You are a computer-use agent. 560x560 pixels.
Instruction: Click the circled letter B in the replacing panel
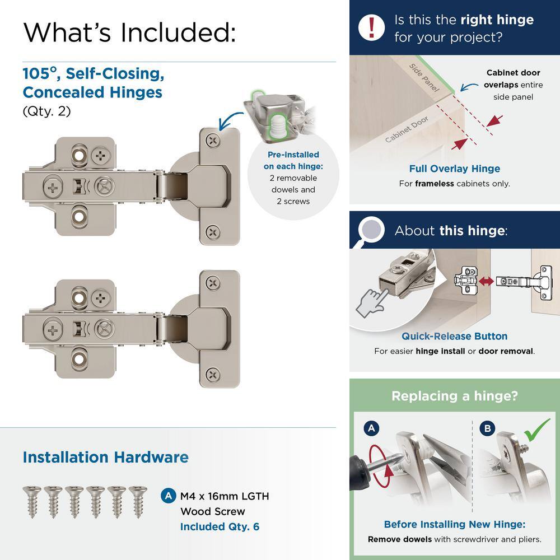(x=487, y=429)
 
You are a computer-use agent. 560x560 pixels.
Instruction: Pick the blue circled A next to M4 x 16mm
(x=167, y=496)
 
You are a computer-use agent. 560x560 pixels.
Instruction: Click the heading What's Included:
(x=129, y=32)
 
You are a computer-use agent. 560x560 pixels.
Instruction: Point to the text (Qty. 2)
(x=46, y=111)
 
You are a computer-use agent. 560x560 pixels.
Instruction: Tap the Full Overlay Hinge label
(x=454, y=169)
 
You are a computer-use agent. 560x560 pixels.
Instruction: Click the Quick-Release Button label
(x=454, y=336)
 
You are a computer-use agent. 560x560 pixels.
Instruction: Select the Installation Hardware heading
(x=105, y=457)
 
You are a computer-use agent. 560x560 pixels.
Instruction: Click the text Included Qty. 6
(x=220, y=526)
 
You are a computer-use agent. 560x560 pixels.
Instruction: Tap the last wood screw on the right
(x=137, y=501)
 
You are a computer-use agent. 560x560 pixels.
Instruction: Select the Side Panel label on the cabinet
(x=424, y=77)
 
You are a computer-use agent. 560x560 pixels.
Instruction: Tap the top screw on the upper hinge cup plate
(x=213, y=141)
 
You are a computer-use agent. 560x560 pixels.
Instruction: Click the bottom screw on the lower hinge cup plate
(x=213, y=374)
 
